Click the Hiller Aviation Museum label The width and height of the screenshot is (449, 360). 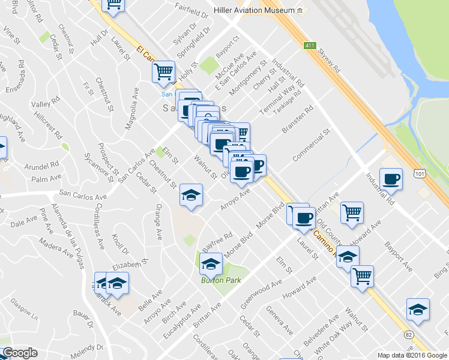(x=255, y=11)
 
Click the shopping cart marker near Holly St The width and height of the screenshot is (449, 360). (x=163, y=73)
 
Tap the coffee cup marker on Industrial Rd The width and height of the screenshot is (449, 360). (x=391, y=179)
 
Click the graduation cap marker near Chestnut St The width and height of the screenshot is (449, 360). (x=191, y=195)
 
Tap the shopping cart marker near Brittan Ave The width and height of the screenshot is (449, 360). (x=352, y=212)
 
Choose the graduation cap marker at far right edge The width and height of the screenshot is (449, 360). (x=418, y=310)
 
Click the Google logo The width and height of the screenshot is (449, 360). (x=20, y=353)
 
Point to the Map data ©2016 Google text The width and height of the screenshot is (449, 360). (x=412, y=355)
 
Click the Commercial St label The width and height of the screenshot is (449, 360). (x=312, y=145)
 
